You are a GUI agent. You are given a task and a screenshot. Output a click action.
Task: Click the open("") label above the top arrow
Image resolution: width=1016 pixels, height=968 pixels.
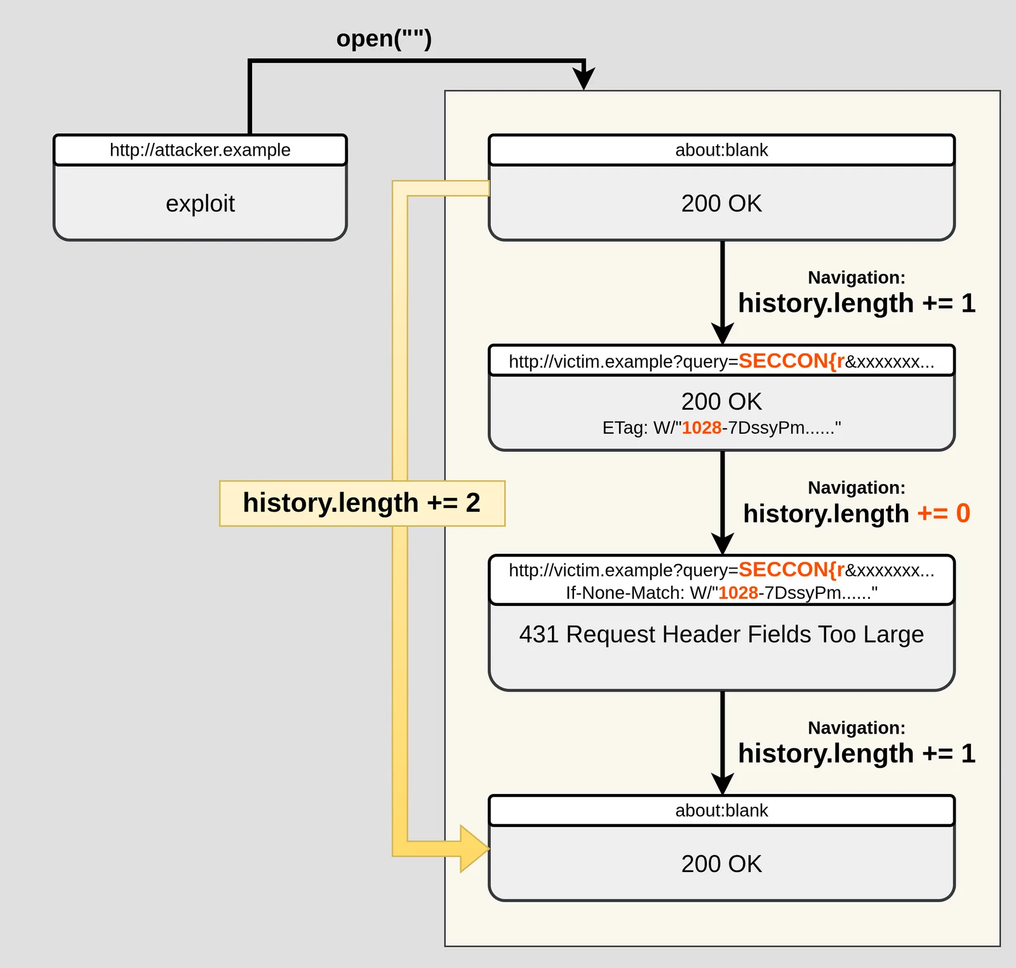click(x=384, y=39)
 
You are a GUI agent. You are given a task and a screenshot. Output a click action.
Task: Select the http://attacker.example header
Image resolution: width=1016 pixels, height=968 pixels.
click(x=200, y=150)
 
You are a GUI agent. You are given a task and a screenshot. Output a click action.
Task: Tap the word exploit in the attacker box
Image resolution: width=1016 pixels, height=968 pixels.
click(x=200, y=203)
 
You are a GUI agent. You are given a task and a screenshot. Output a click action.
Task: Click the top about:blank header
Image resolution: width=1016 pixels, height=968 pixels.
click(x=721, y=150)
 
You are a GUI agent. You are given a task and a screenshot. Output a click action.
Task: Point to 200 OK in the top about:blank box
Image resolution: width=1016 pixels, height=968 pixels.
click(x=721, y=203)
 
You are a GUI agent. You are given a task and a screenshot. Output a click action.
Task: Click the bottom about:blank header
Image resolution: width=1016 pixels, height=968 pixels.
click(x=721, y=810)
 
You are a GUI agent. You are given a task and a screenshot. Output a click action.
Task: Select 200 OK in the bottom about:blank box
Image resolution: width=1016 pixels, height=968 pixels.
click(x=721, y=864)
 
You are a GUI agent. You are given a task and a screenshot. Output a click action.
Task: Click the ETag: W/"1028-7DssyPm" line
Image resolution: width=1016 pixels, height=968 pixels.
click(x=721, y=427)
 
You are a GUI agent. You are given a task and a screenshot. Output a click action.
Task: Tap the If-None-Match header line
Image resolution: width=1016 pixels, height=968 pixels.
click(x=721, y=593)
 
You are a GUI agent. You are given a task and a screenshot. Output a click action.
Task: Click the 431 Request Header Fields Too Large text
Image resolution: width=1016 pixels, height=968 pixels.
click(x=721, y=634)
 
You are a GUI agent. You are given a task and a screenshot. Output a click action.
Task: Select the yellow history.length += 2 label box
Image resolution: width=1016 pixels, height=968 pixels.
click(x=362, y=503)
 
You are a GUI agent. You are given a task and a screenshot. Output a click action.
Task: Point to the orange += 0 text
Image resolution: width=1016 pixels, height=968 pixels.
click(x=944, y=513)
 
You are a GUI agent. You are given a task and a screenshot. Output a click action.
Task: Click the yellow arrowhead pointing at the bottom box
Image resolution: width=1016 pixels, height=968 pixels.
click(x=474, y=848)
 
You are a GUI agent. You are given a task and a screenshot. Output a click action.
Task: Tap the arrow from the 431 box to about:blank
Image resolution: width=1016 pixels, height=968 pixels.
click(x=722, y=743)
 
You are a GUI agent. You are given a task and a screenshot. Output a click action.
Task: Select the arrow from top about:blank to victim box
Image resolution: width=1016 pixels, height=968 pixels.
click(x=722, y=293)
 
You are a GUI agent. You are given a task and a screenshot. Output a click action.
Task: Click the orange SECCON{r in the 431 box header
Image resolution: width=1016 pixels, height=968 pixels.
click(x=791, y=570)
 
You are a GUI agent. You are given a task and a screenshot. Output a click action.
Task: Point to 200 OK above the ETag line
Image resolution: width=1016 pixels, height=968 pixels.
click(x=721, y=401)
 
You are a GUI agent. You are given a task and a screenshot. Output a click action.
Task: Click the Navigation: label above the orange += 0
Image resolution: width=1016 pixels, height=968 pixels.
click(x=857, y=488)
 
